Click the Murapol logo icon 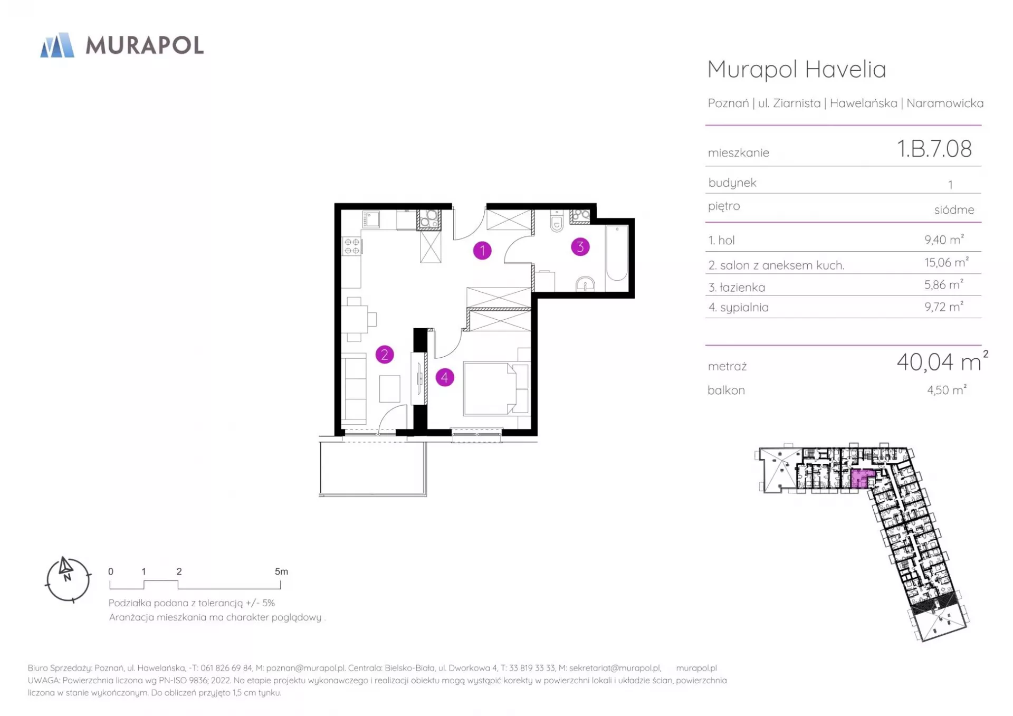pos(58,45)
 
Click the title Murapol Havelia pos(797,69)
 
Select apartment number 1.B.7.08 pos(934,149)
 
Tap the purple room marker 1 pos(482,250)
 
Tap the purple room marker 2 pos(385,355)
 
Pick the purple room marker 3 pos(580,246)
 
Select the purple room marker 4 pos(445,377)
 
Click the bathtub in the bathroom pos(617,253)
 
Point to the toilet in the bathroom pos(557,221)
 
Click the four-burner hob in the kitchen pos(352,246)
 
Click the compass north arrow pos(65,566)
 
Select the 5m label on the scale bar pos(281,571)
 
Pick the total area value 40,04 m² pos(942,361)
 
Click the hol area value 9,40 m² pos(944,240)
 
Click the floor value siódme pos(954,209)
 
